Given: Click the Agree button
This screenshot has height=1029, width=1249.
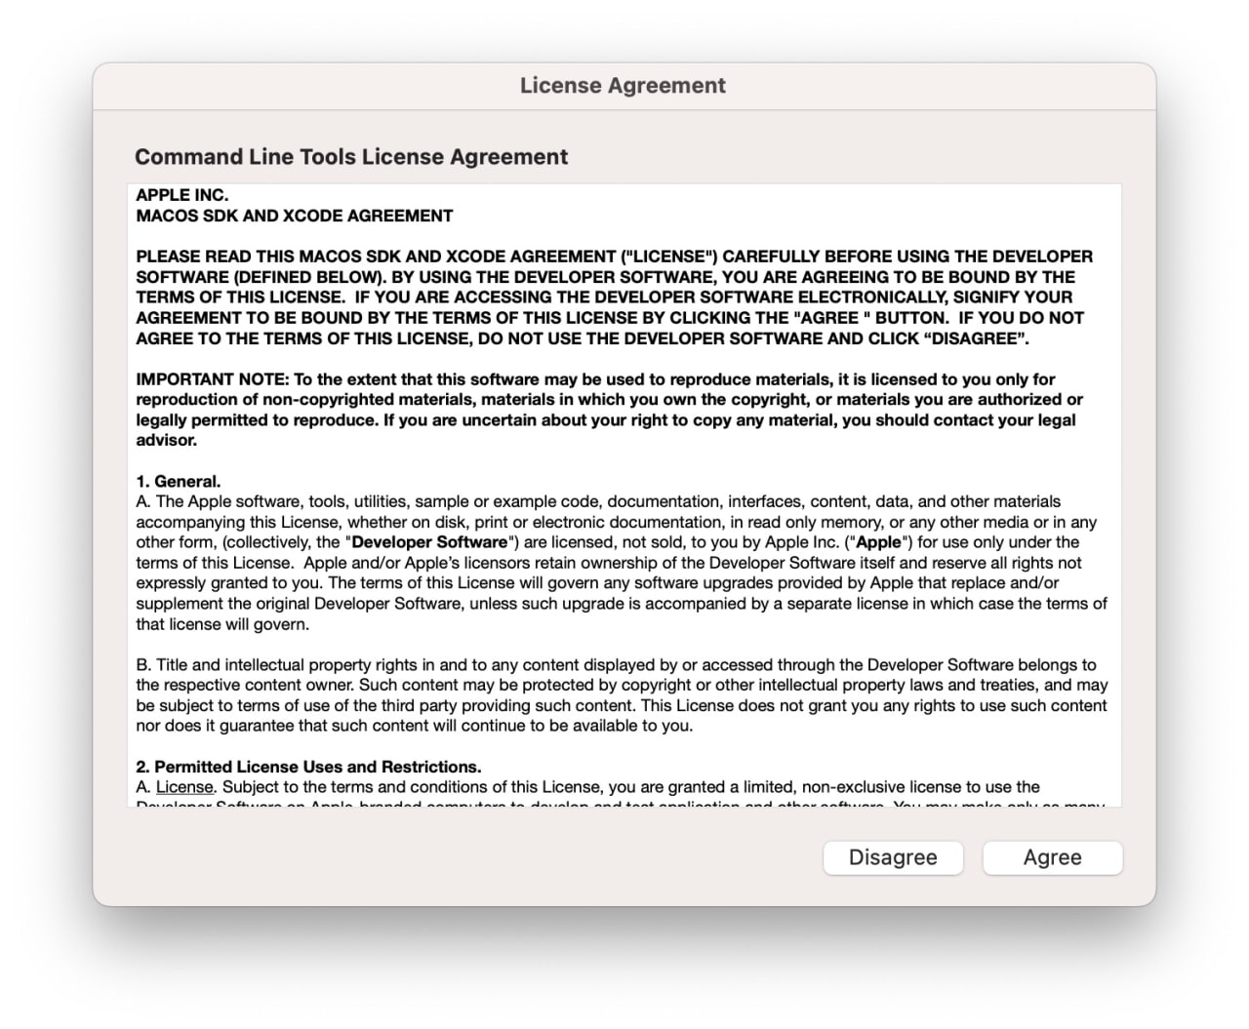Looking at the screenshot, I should (1052, 857).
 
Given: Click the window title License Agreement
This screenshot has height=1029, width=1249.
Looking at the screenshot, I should (623, 86).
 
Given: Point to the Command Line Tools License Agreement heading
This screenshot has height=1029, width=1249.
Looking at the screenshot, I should (351, 157).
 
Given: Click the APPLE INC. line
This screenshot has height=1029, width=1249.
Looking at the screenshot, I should (182, 195).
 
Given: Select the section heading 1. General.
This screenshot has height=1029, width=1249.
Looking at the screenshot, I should (179, 481).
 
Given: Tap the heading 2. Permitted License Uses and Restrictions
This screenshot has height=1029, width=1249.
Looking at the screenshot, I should (308, 767).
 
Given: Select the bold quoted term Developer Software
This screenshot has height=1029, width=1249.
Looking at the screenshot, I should (429, 542).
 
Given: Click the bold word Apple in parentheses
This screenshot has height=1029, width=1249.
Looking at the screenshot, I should (878, 542).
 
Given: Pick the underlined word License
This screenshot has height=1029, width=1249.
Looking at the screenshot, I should (184, 787).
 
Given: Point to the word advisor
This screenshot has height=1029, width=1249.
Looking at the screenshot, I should (167, 441).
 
